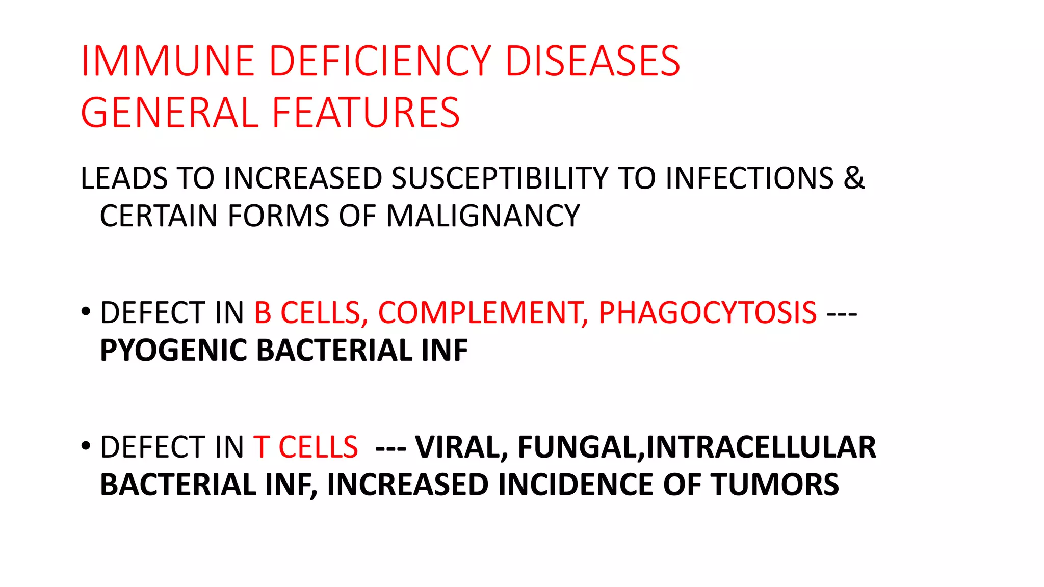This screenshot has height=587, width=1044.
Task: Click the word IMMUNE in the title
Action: point(168,61)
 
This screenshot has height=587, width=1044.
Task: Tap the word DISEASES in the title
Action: point(592,61)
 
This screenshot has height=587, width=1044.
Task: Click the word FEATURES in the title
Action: point(366,113)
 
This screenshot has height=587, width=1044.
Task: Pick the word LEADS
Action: point(124,178)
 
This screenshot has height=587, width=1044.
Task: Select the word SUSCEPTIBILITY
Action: point(500,178)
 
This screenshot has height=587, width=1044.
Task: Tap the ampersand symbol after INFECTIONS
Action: point(854,178)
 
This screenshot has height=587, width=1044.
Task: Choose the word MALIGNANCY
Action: point(483,216)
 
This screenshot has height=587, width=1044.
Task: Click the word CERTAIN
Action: point(159,216)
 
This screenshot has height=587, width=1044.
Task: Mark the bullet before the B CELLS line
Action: point(86,311)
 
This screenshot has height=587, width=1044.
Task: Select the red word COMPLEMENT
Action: point(482,312)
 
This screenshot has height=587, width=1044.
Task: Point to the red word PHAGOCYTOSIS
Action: point(707,312)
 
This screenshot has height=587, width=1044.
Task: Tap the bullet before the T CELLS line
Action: point(86,445)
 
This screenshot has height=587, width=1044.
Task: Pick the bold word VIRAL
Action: point(461,447)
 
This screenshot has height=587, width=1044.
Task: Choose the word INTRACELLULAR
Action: point(761,447)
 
